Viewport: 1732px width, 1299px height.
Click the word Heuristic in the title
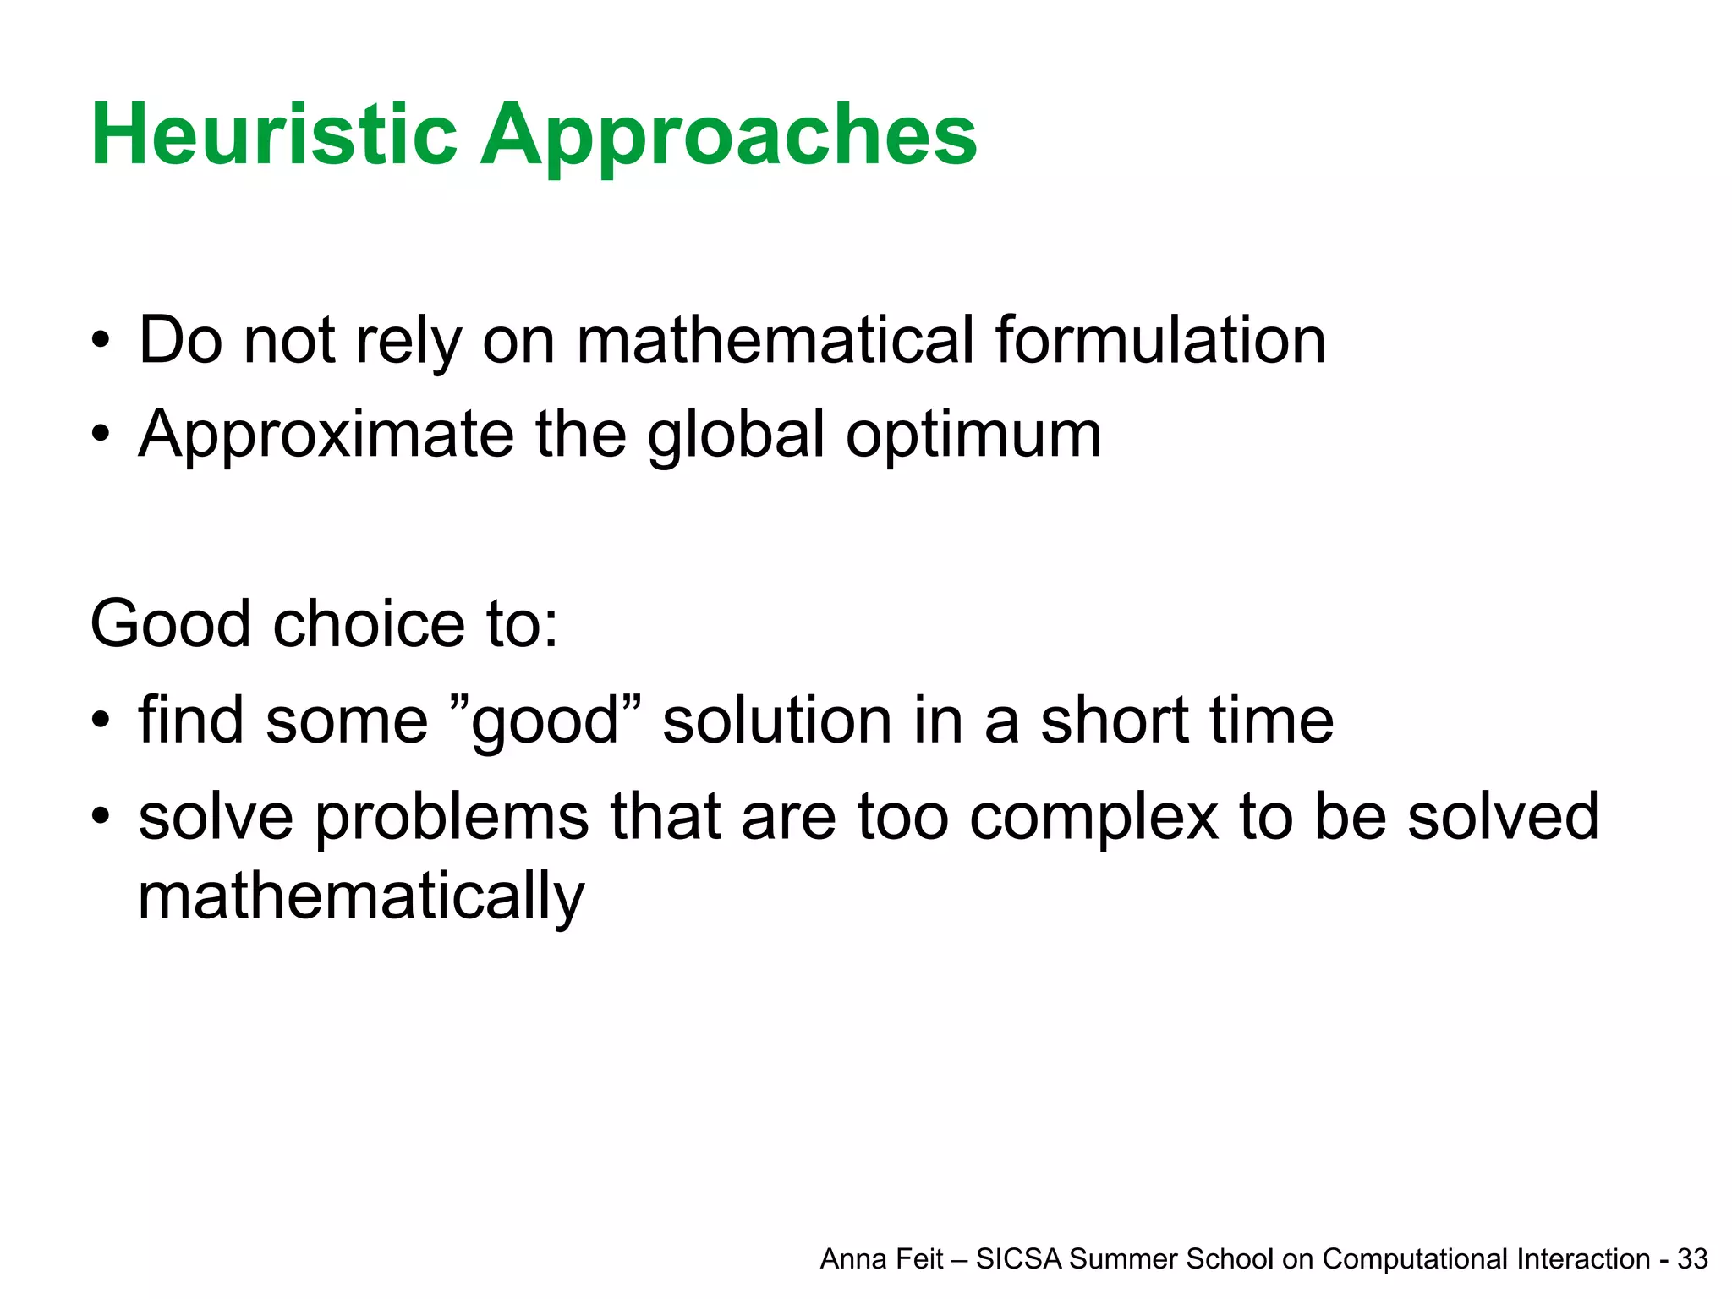pos(274,135)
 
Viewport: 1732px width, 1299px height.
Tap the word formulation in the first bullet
pos(1160,340)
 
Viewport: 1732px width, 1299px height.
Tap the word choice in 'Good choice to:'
pos(369,624)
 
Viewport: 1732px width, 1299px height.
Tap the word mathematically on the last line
pos(361,897)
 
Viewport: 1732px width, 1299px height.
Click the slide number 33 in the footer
pos(1692,1259)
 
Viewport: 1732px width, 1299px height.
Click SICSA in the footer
pos(1018,1259)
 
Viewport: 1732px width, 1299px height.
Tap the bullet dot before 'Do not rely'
pos(101,342)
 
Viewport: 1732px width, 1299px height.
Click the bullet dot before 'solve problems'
pos(101,817)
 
